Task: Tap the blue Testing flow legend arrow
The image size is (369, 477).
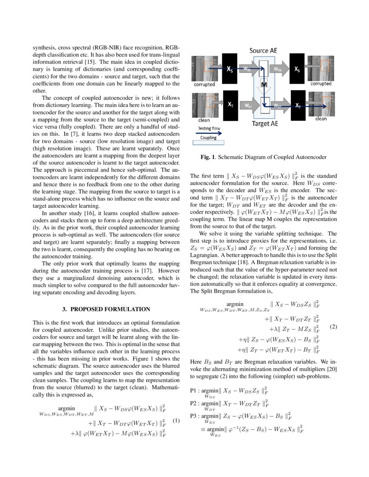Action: [209, 134]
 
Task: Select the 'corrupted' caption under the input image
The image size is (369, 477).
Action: [204, 84]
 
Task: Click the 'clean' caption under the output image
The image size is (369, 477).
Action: [321, 119]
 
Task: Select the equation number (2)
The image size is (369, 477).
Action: [333, 326]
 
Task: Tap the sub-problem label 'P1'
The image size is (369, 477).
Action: [195, 390]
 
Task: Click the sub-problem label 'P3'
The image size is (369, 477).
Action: [195, 416]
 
